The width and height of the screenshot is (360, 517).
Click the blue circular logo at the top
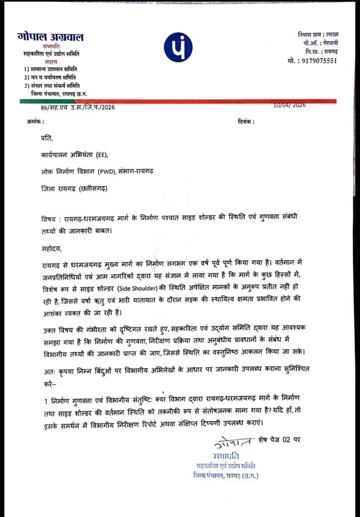(178, 47)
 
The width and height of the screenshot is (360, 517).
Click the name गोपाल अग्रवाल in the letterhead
(50, 37)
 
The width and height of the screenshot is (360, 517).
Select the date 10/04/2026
(289, 105)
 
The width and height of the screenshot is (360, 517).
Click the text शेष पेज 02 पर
(279, 439)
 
